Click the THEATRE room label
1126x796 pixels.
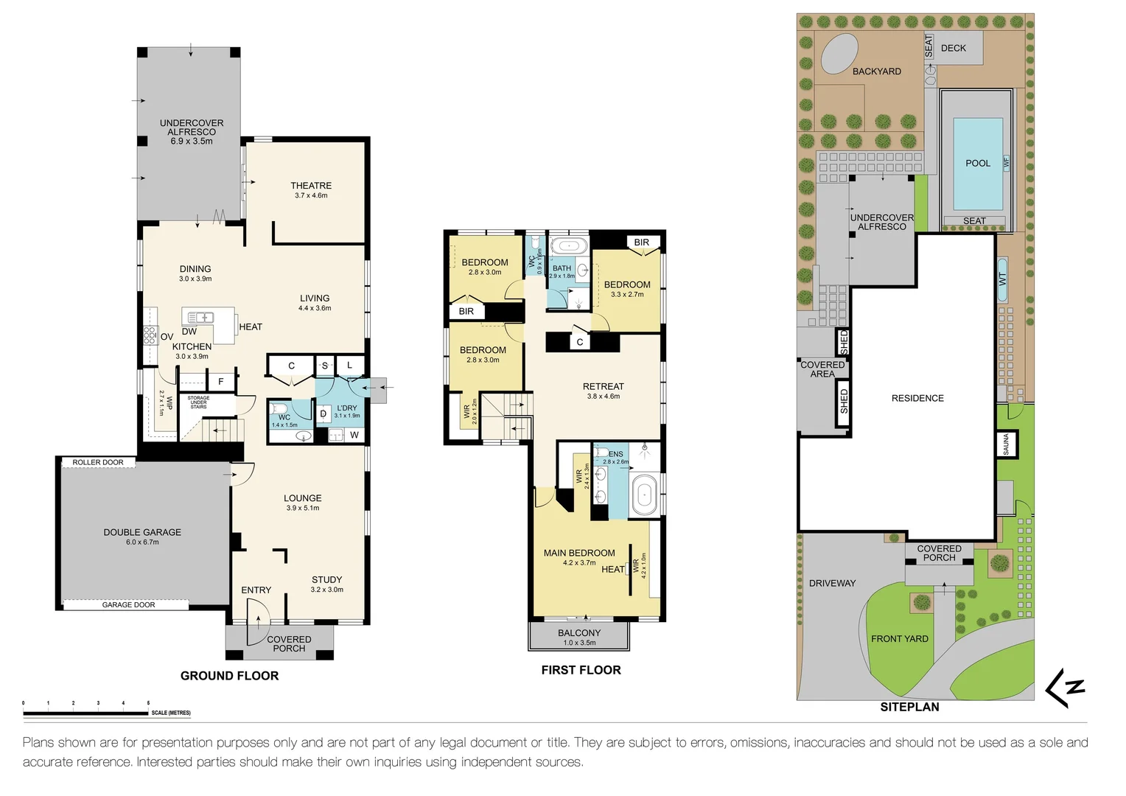[311, 186]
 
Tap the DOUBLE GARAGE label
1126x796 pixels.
[142, 532]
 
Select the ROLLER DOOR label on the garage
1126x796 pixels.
[98, 462]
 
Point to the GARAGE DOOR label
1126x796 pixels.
[128, 604]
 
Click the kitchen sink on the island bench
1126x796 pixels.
[200, 318]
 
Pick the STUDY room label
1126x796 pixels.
[326, 580]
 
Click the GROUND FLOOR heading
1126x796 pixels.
[229, 676]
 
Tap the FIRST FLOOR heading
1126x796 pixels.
[581, 670]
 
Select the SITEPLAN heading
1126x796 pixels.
[909, 707]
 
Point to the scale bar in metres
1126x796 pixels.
[85, 713]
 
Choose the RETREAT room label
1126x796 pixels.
[603, 386]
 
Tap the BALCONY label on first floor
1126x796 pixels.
[579, 633]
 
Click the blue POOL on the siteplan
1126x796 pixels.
[978, 164]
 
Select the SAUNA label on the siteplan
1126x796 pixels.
[1007, 444]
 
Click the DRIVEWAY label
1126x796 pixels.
[832, 583]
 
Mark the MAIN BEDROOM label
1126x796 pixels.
[579, 553]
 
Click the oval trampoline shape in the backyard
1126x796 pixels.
[839, 54]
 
